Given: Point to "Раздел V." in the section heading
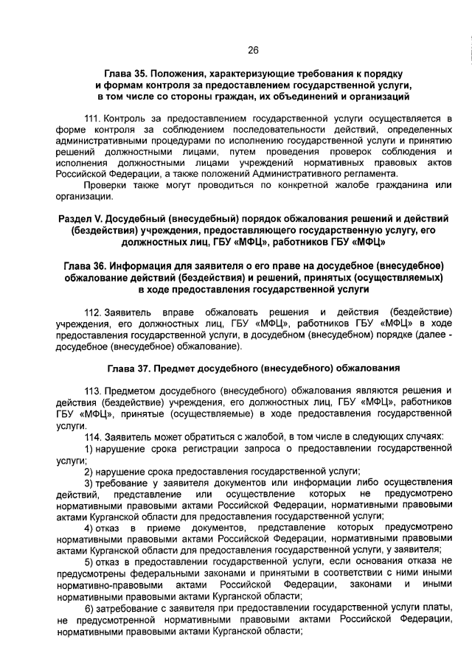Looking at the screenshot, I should tap(80, 220).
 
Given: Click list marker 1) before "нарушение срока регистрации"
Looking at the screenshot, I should tap(88, 448).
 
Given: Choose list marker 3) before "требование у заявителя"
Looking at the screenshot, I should tap(88, 482).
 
